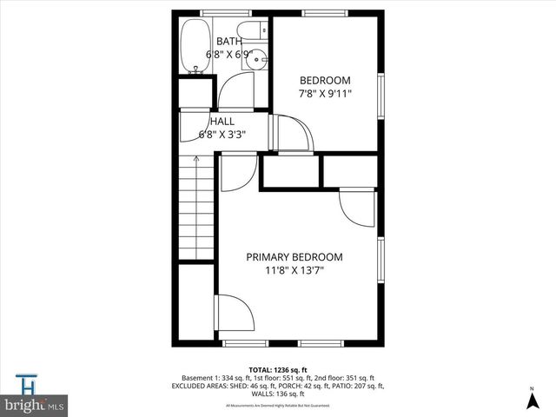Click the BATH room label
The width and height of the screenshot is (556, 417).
tap(229, 41)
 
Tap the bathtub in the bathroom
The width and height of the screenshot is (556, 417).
tap(192, 48)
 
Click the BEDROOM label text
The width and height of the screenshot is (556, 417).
tap(325, 80)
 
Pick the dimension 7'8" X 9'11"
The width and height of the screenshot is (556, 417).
tap(325, 94)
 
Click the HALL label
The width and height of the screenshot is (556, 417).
tap(222, 122)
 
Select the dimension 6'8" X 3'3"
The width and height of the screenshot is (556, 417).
tap(222, 135)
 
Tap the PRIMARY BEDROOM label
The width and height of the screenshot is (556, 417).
tap(294, 257)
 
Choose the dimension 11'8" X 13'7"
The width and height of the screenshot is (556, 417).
tap(294, 271)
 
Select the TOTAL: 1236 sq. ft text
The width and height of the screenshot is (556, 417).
tap(278, 369)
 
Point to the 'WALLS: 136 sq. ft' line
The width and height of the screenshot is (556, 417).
tap(278, 394)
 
